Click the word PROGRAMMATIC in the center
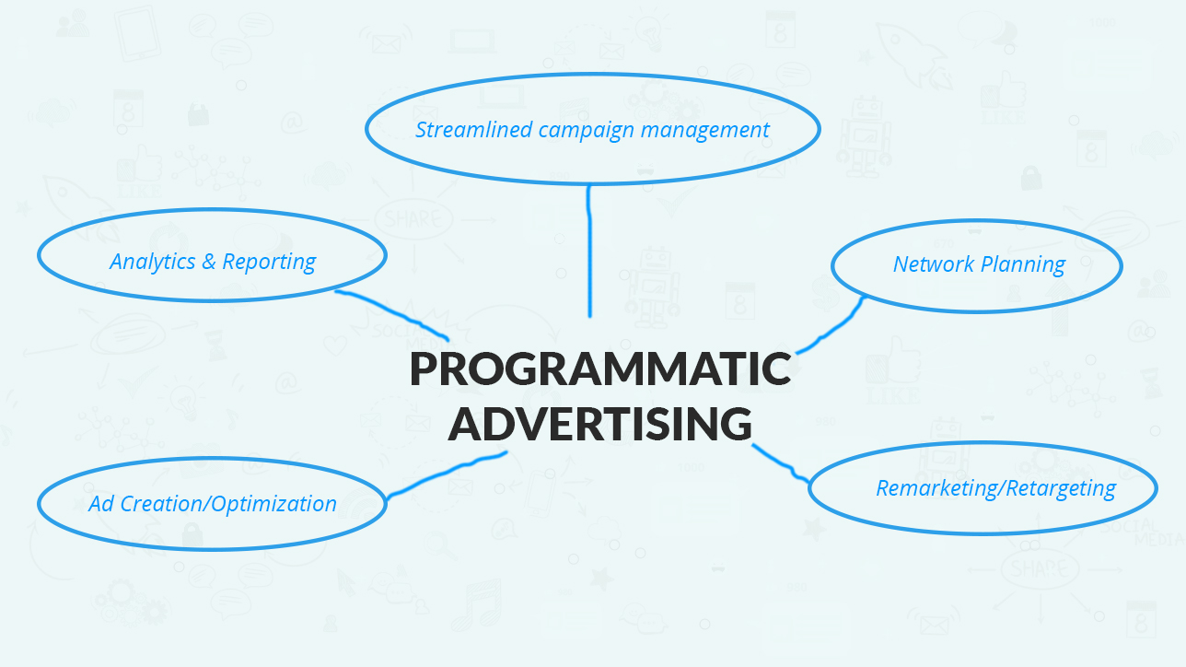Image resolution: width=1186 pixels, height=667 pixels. [600, 369]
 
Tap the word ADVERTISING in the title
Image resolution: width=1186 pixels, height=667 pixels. [600, 423]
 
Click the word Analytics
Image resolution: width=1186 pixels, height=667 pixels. [153, 263]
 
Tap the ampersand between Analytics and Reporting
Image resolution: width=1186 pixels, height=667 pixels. [209, 262]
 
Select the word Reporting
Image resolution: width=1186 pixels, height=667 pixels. [269, 263]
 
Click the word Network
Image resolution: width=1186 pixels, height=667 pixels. [934, 263]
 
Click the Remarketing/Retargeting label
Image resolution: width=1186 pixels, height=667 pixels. [996, 488]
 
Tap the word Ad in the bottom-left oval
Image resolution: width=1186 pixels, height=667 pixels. [101, 504]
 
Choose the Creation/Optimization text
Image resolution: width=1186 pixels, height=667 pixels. [228, 504]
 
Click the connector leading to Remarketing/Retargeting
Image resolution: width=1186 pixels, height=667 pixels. [782, 464]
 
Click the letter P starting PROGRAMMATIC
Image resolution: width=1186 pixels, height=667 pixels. [423, 369]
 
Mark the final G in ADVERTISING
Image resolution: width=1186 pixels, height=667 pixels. [736, 424]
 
